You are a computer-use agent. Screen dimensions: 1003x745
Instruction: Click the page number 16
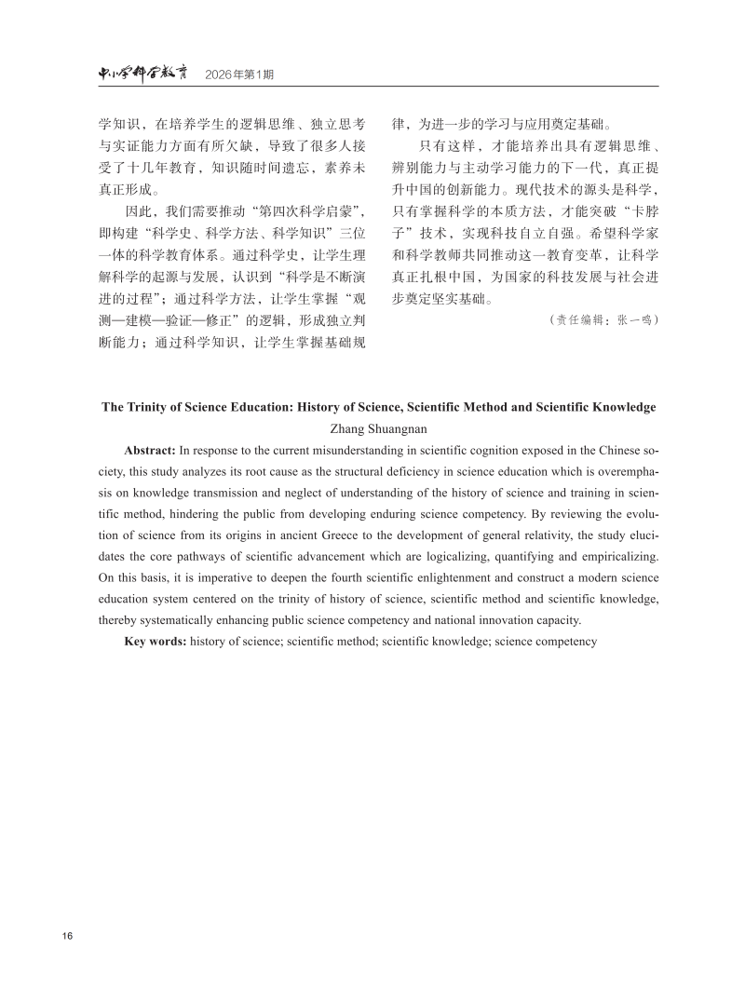67,935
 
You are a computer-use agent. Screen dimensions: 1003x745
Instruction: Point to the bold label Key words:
155,642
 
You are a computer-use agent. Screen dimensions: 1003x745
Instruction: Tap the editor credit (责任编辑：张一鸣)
604,319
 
